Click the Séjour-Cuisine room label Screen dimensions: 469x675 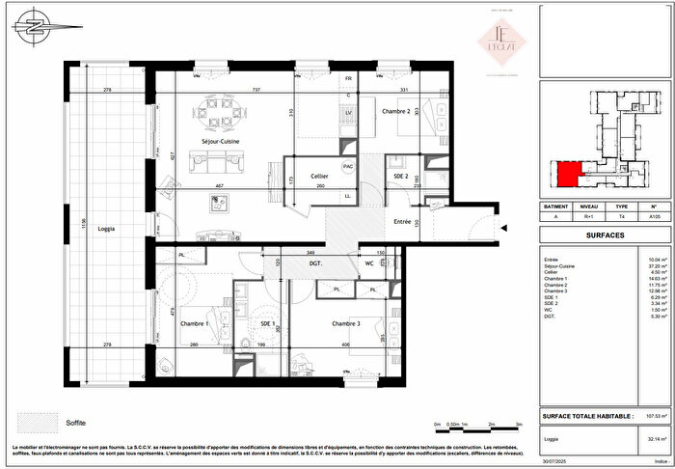click(x=220, y=142)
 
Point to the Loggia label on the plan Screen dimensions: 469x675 click(x=106, y=228)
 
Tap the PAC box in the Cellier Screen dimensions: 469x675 click(x=348, y=166)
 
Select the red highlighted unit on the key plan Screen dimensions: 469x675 click(x=571, y=174)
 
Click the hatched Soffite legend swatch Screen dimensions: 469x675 click(x=38, y=422)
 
